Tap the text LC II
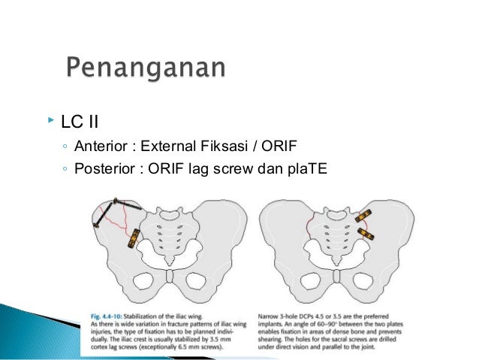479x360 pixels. tap(79, 120)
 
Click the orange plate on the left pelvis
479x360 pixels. tap(132, 239)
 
